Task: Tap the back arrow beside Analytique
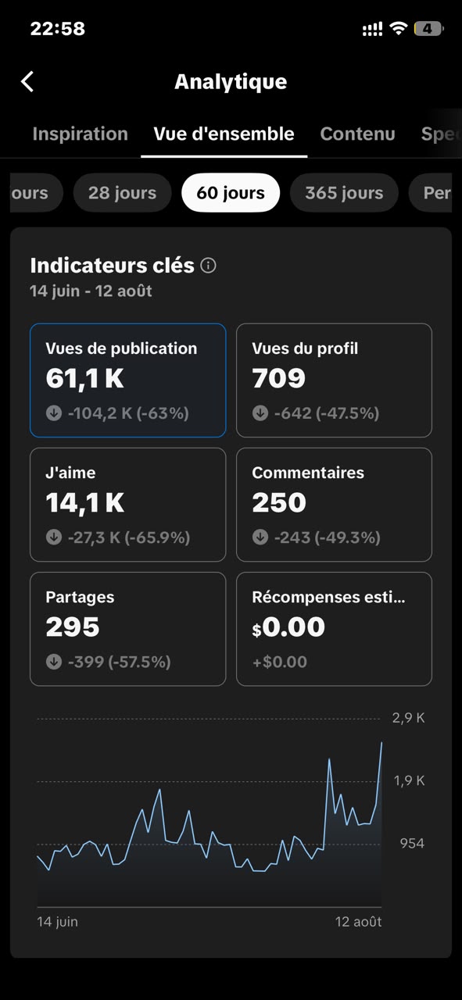[x=27, y=82]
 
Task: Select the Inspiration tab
[x=80, y=134]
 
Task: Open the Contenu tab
[x=357, y=134]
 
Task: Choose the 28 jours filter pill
[x=122, y=193]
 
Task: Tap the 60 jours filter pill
[x=231, y=193]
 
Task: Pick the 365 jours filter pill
[x=344, y=193]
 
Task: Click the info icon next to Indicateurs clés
[x=208, y=266]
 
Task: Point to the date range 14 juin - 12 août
[x=91, y=291]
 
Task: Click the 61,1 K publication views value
[x=85, y=379]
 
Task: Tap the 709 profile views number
[x=279, y=378]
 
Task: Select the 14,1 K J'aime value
[x=85, y=502]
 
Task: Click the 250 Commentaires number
[x=279, y=502]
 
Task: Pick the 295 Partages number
[x=73, y=627]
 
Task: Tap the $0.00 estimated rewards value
[x=288, y=627]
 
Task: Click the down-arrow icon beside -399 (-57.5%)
[x=54, y=662]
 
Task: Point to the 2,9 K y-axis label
[x=408, y=718]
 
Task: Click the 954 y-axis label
[x=412, y=843]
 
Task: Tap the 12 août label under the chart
[x=358, y=922]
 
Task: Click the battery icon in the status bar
[x=428, y=29]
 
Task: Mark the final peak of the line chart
[x=381, y=743]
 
